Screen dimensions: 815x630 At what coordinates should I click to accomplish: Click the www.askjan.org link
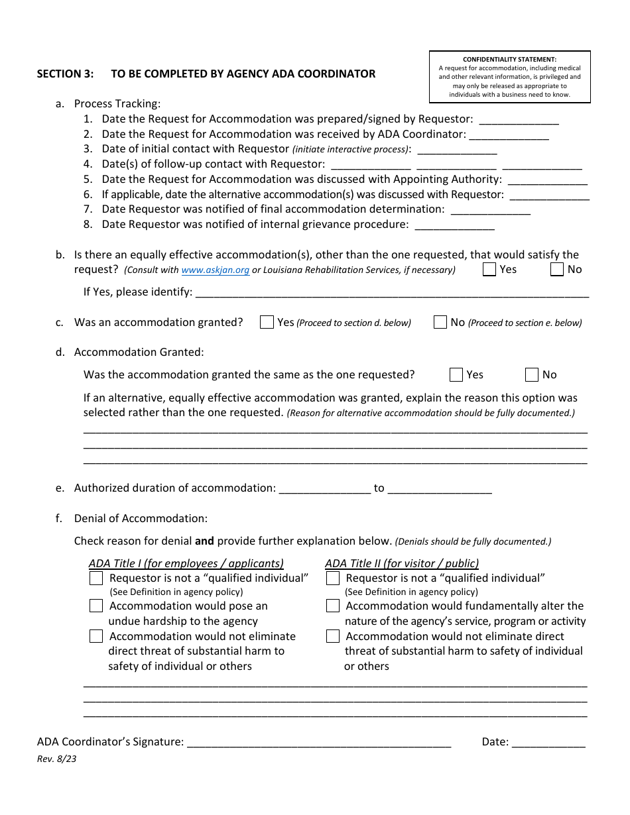216,270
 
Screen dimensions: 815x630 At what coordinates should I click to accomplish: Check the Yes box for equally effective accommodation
489,270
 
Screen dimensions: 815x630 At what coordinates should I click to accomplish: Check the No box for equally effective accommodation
557,270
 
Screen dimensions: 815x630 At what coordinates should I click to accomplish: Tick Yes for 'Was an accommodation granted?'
267,323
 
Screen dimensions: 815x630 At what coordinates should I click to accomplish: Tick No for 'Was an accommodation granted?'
440,323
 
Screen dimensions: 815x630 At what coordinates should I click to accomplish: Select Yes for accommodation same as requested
456,375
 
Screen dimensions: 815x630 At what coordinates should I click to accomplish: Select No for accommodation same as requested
532,375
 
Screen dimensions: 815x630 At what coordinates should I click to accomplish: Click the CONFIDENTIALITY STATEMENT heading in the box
509,60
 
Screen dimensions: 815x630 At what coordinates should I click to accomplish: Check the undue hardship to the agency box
96,606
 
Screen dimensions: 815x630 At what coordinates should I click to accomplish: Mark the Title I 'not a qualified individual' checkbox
96,578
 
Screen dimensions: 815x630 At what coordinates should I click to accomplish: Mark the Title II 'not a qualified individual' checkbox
333,578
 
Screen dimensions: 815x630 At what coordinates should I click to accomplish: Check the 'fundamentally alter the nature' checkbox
333,606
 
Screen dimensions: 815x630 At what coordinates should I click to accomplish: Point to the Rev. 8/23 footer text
56,759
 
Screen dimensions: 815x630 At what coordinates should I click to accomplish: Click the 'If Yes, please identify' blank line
391,294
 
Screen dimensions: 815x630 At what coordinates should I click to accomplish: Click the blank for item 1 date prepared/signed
519,121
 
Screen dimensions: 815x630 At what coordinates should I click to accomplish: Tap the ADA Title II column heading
402,564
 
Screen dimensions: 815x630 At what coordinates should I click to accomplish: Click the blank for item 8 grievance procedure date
454,226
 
